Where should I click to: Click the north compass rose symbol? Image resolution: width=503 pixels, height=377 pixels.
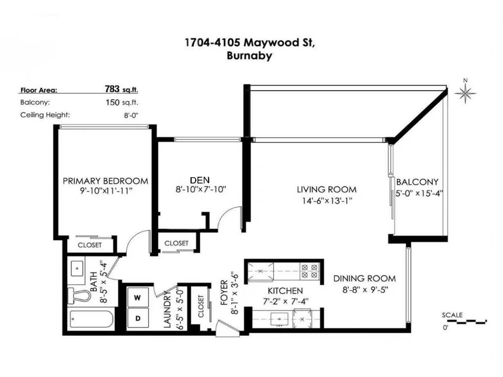[x=465, y=92]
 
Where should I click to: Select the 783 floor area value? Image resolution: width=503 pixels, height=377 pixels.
[x=112, y=89]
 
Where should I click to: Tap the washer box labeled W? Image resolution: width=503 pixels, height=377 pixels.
[x=138, y=296]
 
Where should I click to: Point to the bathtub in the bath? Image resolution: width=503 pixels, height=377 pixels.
[x=91, y=320]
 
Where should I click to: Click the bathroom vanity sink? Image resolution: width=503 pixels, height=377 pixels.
[x=77, y=269]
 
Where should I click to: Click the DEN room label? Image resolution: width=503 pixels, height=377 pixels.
[x=199, y=180]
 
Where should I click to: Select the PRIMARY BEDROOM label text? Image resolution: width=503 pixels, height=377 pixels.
[x=105, y=181]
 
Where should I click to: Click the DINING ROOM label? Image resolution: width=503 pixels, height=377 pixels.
[x=363, y=278]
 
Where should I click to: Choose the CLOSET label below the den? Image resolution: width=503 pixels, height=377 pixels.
[x=176, y=243]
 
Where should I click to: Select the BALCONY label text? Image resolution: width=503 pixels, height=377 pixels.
[x=417, y=182]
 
